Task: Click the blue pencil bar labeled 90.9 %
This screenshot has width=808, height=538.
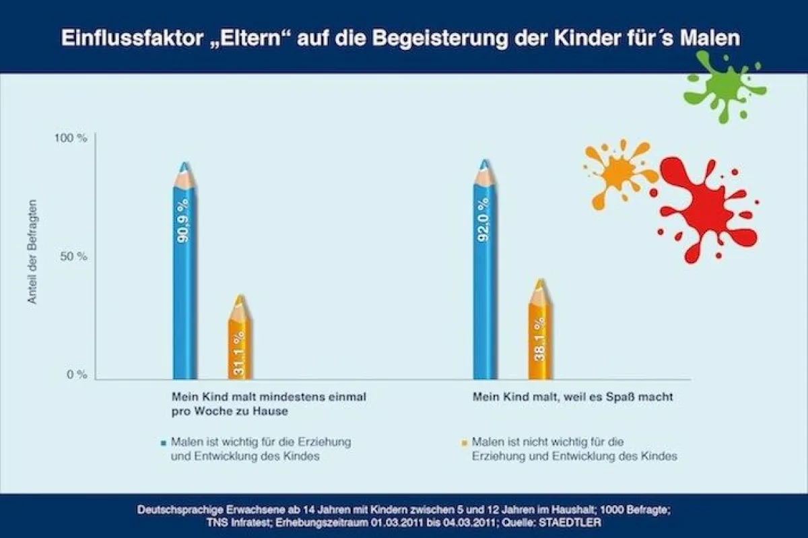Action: [184, 283]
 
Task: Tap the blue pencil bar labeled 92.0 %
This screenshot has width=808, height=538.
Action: [484, 283]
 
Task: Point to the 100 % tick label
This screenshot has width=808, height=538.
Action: [71, 139]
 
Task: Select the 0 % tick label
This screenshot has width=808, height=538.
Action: [76, 375]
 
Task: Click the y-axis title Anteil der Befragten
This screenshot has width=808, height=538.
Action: [32, 251]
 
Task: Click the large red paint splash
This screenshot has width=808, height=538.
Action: [704, 205]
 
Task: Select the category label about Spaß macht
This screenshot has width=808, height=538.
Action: [572, 397]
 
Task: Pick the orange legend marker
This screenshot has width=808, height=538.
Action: [464, 443]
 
